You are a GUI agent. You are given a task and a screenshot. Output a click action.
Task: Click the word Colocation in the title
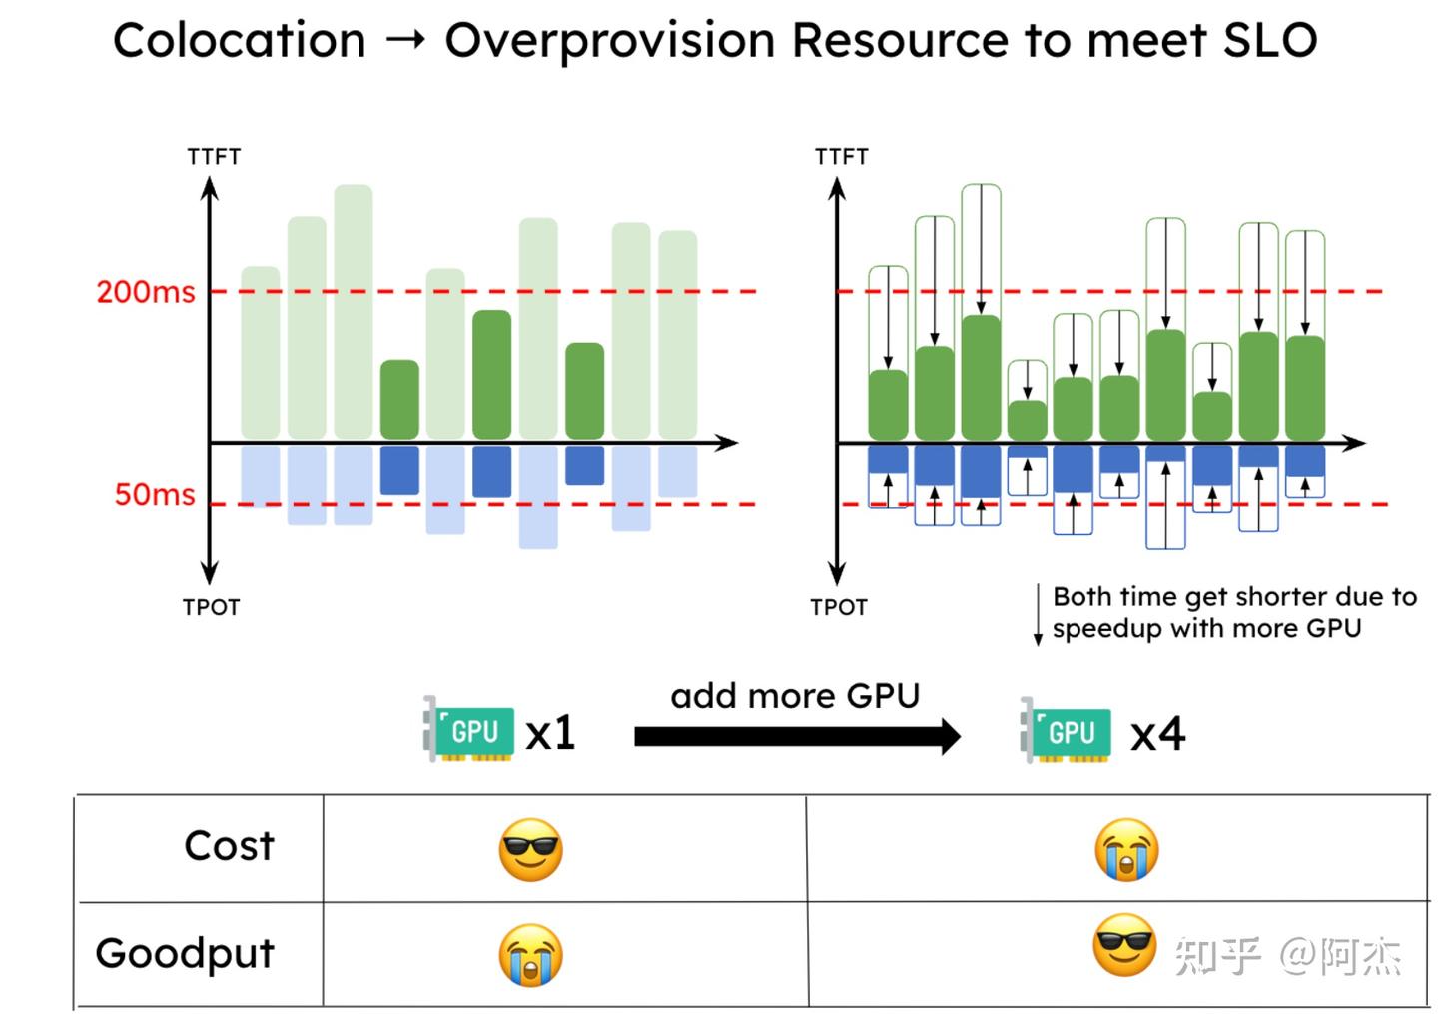pos(240,41)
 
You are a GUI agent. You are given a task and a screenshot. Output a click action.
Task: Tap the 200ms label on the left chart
pos(146,292)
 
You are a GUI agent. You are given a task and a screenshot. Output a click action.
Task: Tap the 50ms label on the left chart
pos(155,494)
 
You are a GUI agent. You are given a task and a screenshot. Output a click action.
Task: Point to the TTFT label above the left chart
pos(214,157)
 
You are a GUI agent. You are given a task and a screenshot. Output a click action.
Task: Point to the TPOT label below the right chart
pos(839,607)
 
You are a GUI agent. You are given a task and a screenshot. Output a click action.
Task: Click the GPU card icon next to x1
pos(468,730)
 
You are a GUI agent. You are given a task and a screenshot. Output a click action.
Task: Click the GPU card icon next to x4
pos(1065,731)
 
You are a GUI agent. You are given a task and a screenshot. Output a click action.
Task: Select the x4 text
pos(1158,735)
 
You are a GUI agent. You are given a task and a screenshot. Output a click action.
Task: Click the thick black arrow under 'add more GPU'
pos(797,737)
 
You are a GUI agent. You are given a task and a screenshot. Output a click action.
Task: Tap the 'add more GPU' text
pos(795,695)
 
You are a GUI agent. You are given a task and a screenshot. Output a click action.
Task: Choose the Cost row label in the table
pos(229,846)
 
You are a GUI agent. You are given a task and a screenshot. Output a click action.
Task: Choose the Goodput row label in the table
pos(185,953)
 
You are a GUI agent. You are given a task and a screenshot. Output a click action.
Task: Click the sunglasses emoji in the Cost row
pos(531,850)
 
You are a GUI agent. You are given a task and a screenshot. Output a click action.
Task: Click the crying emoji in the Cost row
pos(1126,850)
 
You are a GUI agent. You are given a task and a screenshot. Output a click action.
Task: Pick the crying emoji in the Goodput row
pos(531,955)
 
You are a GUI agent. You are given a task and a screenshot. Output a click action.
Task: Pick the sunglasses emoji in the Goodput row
pos(1124,945)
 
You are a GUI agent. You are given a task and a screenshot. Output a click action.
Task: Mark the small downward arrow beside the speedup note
pos(1038,614)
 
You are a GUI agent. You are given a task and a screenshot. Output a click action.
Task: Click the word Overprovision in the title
pos(610,41)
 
